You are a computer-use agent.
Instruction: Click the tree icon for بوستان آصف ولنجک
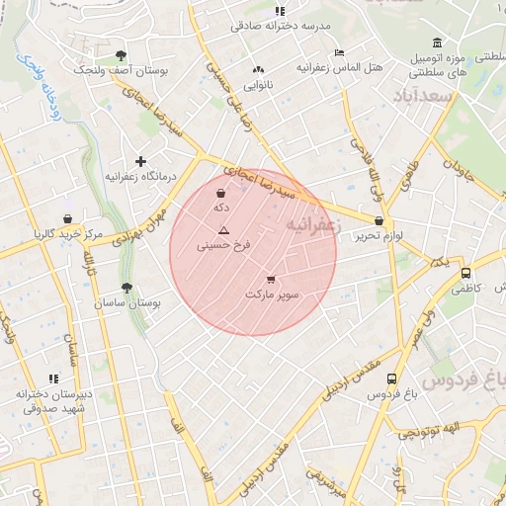pos(121,56)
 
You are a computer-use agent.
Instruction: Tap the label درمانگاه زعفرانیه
pos(140,176)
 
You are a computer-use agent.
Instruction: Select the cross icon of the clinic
pos(141,160)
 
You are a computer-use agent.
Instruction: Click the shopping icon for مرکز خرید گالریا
pos(66,218)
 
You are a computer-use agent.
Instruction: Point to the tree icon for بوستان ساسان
pos(126,288)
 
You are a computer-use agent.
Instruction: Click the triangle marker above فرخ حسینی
pos(223,228)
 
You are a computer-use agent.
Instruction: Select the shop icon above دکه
pos(219,194)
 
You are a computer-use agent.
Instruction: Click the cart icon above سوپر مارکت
pos(271,280)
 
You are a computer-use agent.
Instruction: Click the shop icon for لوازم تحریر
pos(379,221)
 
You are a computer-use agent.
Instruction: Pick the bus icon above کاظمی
pos(465,275)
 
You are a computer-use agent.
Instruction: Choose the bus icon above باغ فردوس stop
pos(391,379)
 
